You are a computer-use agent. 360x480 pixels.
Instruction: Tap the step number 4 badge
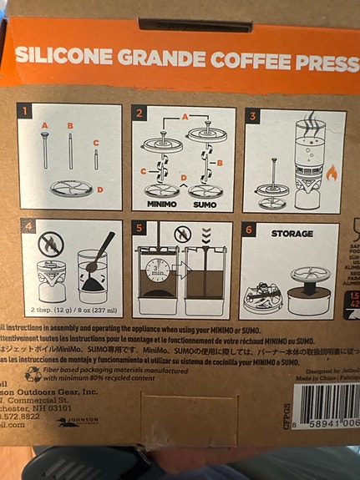point(29,226)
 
